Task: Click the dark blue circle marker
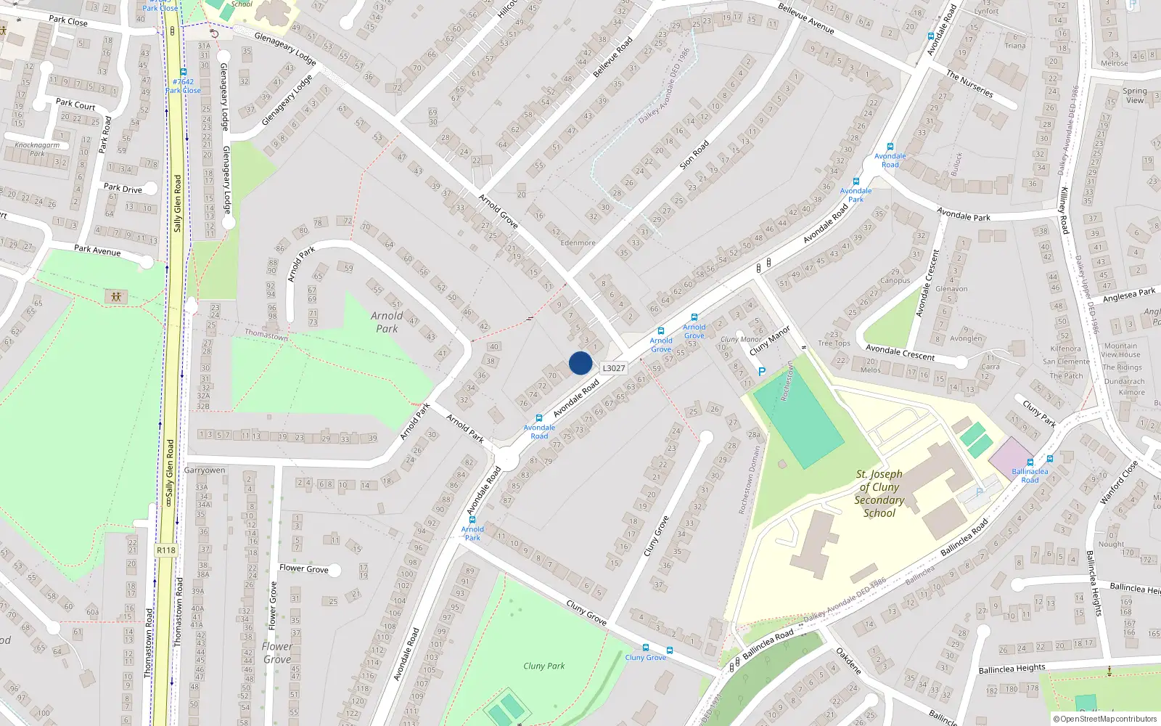[580, 363]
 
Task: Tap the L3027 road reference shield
[614, 368]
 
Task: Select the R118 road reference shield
[166, 550]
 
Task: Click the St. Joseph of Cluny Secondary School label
[879, 494]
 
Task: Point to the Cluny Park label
[543, 666]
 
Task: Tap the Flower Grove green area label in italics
[277, 653]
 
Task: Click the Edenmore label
[578, 243]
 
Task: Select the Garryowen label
[205, 470]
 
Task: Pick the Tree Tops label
[834, 343]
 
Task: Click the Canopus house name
[895, 281]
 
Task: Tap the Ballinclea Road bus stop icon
[1030, 462]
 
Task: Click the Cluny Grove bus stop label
[645, 658]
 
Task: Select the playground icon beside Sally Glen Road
[116, 296]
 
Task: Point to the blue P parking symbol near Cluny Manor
[762, 372]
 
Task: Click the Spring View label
[1135, 96]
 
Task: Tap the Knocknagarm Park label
[37, 149]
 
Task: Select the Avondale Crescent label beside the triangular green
[900, 353]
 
